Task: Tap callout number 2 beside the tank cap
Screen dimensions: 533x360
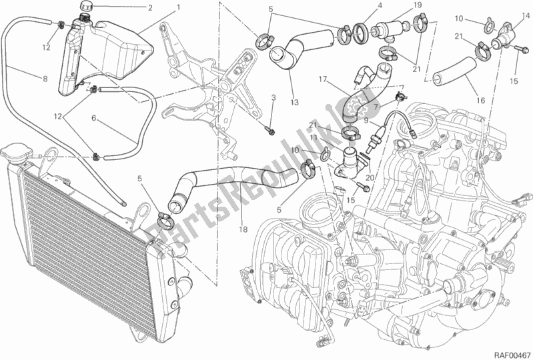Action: (150, 8)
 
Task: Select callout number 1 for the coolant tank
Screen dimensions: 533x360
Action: (178, 7)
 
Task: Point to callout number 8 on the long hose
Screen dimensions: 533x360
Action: (45, 79)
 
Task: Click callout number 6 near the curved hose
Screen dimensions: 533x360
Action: (94, 118)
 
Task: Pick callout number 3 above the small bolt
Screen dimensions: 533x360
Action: (273, 99)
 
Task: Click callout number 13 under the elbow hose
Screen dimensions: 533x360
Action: (294, 102)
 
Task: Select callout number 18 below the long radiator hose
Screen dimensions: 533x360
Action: (243, 229)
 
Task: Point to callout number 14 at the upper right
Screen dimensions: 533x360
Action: (526, 15)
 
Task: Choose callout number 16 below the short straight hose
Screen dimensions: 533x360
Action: (481, 101)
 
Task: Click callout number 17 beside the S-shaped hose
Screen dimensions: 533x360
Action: (323, 80)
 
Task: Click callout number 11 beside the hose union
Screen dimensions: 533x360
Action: (313, 137)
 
